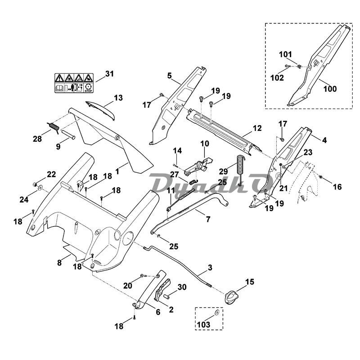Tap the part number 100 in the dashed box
(330, 89)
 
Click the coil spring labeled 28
(53, 127)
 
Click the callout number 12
(257, 128)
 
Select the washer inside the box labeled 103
(217, 311)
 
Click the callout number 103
(203, 324)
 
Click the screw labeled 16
(320, 178)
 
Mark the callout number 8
(59, 263)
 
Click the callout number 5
(170, 76)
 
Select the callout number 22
(51, 174)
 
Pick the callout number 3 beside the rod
(210, 269)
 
